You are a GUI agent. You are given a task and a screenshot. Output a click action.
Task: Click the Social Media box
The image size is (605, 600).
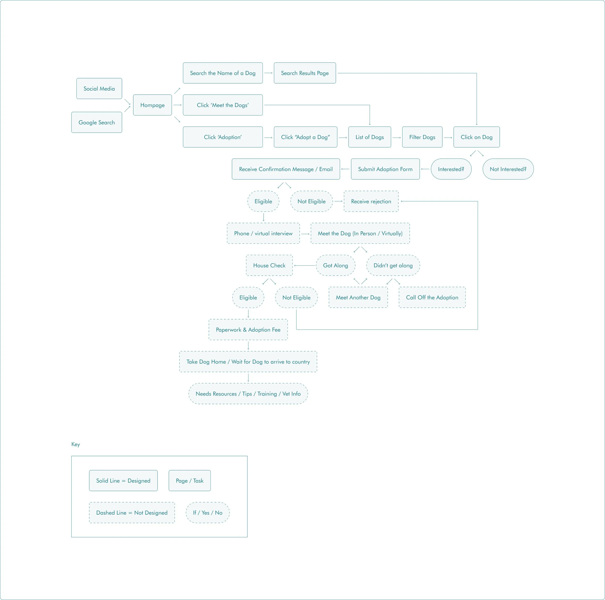[99, 89]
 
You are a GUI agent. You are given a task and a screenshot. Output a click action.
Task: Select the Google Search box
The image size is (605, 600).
[97, 122]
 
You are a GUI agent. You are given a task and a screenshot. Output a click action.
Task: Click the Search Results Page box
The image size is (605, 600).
[305, 73]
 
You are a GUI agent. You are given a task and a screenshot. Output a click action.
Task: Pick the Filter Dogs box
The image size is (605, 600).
[422, 137]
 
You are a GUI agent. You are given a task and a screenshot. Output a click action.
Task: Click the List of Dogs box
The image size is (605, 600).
[370, 137]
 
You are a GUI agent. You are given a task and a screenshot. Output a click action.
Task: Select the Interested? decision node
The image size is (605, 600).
[451, 169]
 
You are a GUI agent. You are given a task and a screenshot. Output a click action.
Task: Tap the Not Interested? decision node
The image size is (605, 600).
[508, 169]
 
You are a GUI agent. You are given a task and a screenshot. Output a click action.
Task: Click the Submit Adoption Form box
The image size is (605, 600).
[385, 169]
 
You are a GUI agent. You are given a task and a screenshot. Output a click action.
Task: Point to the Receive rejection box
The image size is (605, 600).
[371, 201]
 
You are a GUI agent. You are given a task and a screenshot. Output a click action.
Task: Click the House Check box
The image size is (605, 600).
[269, 265]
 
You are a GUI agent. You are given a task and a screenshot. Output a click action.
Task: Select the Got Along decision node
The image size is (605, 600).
[335, 265]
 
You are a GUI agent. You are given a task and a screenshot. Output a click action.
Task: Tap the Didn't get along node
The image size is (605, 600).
[393, 265]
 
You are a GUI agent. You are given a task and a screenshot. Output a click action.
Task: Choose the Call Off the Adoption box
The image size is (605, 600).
[432, 297]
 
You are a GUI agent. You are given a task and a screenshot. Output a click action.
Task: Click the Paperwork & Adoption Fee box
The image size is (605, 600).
[248, 329]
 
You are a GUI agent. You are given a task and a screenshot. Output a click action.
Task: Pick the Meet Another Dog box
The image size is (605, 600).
[358, 297]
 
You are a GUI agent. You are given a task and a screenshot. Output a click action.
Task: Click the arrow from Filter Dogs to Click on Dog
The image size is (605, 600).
[448, 137]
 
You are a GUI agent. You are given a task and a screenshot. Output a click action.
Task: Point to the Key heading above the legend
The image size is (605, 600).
[76, 444]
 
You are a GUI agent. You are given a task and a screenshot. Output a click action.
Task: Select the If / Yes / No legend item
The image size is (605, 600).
[208, 513]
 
